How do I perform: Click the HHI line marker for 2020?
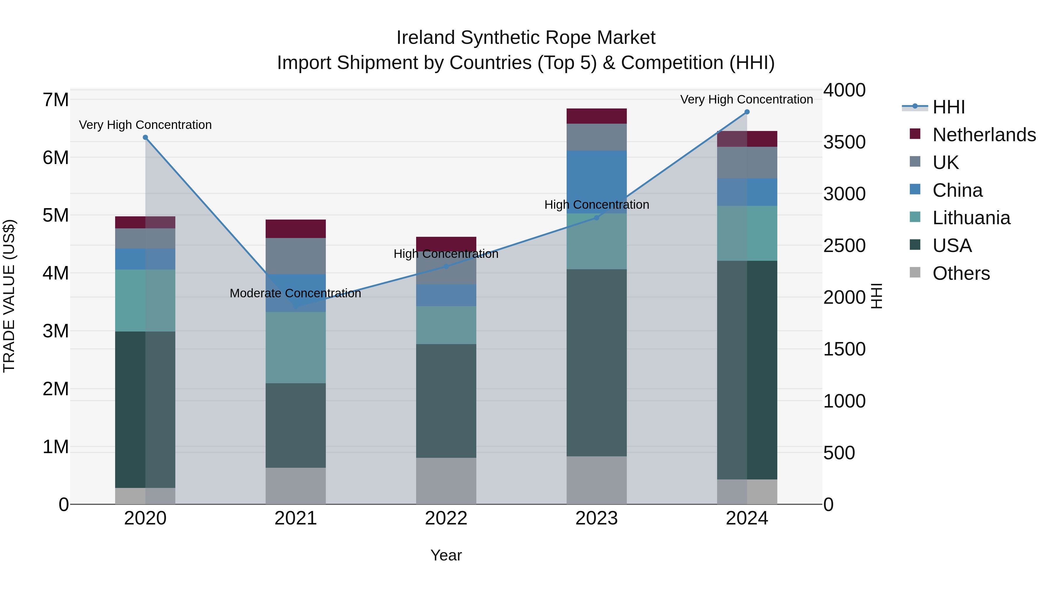pos(146,138)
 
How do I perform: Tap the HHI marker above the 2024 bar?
pos(747,112)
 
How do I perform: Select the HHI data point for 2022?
pos(446,266)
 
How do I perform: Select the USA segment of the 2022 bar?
pos(446,401)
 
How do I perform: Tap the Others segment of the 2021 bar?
pos(296,486)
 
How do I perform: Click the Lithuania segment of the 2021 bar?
pos(296,347)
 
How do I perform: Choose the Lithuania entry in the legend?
pos(971,218)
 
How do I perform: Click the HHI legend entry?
pos(948,107)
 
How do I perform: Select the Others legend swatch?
pos(915,272)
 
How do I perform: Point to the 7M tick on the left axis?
pos(56,100)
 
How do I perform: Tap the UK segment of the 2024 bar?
pos(747,163)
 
